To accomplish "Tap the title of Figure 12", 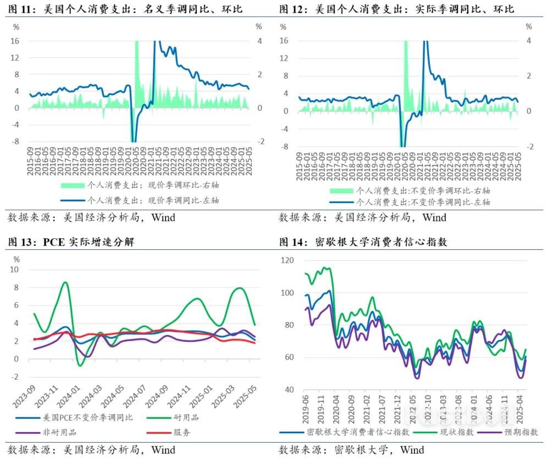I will coord(396,9).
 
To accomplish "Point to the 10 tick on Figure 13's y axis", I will coord(15,270).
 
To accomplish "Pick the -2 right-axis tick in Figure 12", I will coord(529,147).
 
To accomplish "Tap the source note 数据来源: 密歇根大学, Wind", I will coord(351,450).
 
